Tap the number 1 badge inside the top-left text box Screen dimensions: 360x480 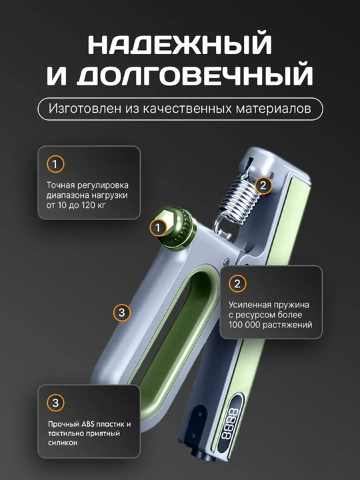tap(55, 165)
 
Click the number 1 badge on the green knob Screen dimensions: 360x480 tap(158, 228)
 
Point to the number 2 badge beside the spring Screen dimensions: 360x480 tap(263, 185)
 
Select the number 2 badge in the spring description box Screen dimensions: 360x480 tap(237, 284)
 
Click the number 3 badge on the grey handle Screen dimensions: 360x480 tap(121, 313)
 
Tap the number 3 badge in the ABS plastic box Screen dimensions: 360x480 tap(55, 403)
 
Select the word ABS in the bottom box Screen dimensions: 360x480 tap(89, 424)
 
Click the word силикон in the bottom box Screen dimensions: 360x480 tap(63, 443)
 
